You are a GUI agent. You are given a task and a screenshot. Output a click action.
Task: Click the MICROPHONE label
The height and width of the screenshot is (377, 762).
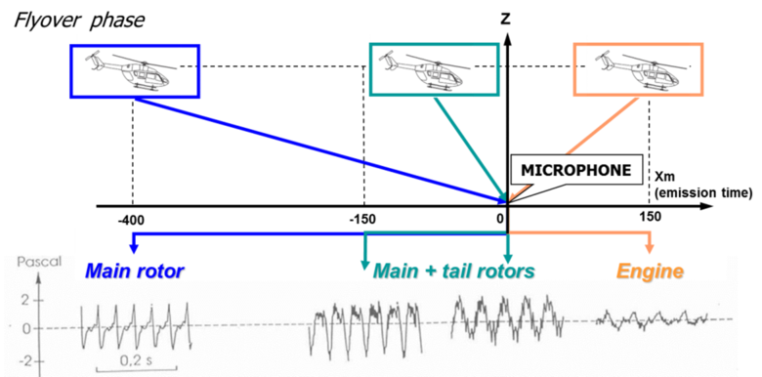tap(576, 170)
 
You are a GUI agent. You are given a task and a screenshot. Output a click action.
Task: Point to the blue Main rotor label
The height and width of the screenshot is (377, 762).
tap(135, 271)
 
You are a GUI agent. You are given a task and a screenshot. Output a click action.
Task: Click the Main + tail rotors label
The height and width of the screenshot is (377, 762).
tap(454, 271)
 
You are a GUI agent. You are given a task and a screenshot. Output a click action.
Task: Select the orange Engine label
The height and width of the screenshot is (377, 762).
tap(649, 271)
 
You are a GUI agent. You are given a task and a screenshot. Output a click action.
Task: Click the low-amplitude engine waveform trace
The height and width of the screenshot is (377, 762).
tap(650, 317)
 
